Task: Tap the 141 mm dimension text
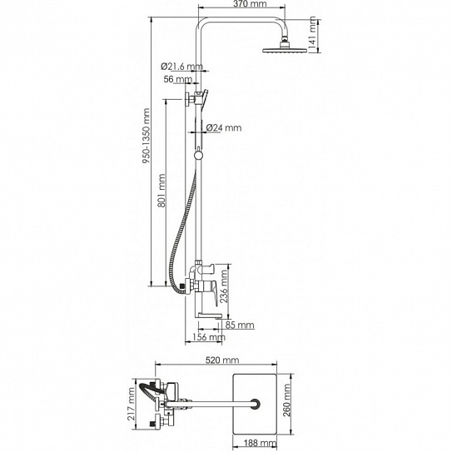312,35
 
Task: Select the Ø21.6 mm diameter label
181,67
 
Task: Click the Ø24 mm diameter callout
224,127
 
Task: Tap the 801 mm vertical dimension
162,191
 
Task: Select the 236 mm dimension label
224,286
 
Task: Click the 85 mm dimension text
240,325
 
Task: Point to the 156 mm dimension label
209,337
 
